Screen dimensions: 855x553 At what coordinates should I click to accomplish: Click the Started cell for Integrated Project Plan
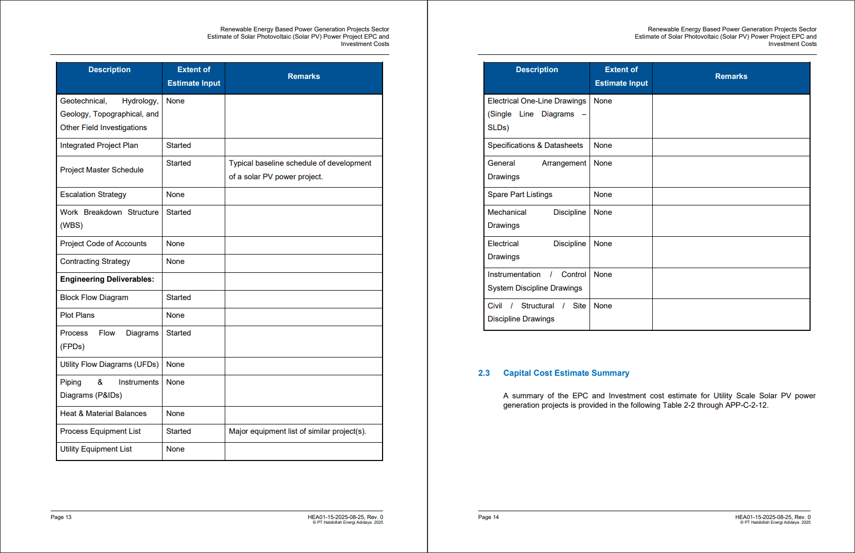pos(179,145)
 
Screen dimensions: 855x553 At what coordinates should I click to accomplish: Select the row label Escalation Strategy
pos(93,194)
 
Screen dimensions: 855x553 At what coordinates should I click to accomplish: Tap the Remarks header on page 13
pos(304,76)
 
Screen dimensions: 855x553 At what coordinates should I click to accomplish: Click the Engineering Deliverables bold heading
pos(107,279)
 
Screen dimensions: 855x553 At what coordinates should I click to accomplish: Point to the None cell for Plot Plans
pos(176,315)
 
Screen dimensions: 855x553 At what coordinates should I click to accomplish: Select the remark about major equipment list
pos(297,431)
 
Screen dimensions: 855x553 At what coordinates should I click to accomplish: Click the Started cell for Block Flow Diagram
pos(179,297)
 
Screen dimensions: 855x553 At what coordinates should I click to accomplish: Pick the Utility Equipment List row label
pos(96,449)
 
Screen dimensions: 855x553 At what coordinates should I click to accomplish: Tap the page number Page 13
pos(61,517)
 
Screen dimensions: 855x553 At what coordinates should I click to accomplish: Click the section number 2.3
pos(484,373)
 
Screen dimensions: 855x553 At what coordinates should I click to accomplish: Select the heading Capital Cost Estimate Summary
pos(566,373)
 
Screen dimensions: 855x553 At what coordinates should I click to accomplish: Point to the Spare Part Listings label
pos(520,194)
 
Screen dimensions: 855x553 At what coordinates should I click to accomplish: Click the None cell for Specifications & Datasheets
pos(603,145)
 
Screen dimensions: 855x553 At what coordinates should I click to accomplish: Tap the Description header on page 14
pos(537,70)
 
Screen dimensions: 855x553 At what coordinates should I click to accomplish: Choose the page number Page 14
pos(489,517)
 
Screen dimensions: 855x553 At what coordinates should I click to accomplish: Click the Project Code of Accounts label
pos(103,244)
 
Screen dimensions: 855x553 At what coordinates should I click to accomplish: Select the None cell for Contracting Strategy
pos(176,261)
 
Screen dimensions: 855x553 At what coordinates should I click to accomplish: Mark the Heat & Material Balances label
pos(103,413)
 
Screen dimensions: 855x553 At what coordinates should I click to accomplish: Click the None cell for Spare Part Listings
pos(603,194)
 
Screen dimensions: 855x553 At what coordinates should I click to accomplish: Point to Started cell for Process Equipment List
pos(179,431)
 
